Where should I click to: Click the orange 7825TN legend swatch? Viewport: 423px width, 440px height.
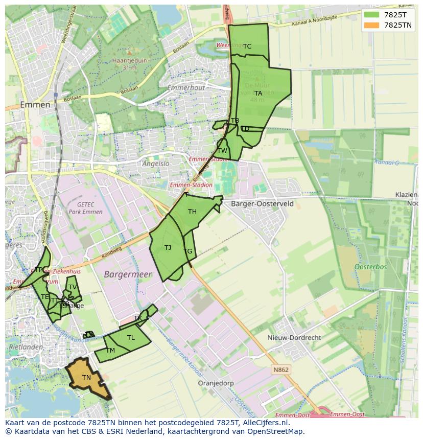tap(372, 25)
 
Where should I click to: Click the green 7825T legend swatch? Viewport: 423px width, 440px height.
tap(372, 15)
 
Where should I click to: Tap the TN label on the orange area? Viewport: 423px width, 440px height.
tap(87, 378)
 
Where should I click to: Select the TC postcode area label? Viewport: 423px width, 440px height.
tap(247, 47)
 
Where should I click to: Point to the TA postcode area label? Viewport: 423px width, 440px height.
tap(258, 94)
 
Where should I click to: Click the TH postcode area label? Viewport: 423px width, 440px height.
tap(192, 212)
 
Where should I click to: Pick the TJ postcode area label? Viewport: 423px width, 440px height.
tap(168, 248)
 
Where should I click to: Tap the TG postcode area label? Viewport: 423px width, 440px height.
tap(188, 251)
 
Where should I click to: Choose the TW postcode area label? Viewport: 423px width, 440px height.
tap(222, 151)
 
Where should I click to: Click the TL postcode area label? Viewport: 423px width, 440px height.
tap(131, 338)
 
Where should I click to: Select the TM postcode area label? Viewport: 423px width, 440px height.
tap(111, 351)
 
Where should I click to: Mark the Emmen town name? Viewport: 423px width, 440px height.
tap(35, 105)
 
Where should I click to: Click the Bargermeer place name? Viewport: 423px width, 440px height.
tap(128, 274)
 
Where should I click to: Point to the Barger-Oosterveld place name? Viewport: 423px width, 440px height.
tap(263, 203)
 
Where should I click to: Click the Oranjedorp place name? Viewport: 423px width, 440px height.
tap(216, 383)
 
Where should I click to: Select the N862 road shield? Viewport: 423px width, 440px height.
tap(280, 369)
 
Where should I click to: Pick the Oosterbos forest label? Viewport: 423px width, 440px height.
tap(370, 267)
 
